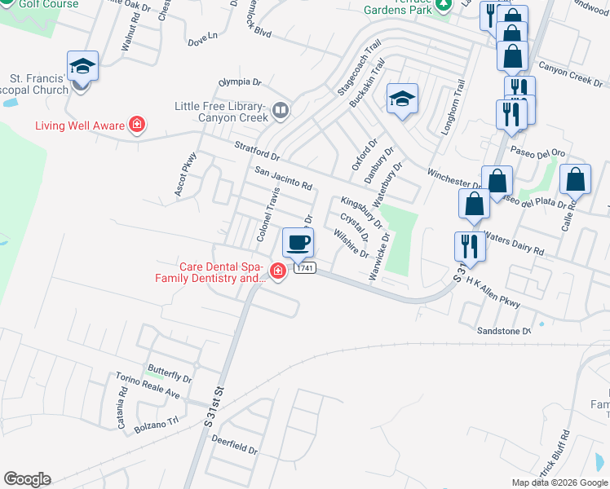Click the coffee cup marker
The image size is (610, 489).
pos(298,242)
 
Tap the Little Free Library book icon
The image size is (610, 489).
pos(281,109)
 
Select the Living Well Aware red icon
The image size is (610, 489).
pos(138,125)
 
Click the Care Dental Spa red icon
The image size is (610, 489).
pos(277,271)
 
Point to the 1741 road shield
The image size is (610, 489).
pos(305,268)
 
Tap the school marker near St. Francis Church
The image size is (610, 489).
pos(83,66)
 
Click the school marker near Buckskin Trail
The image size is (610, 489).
pos(402,99)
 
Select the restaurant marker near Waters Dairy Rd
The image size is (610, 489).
pos(469,244)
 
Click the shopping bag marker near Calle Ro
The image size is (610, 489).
pos(575,179)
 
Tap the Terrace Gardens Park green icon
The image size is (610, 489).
pos(443,6)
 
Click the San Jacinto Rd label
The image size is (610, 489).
pos(283,178)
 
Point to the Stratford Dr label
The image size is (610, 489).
pos(257,152)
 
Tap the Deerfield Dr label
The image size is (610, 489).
pos(234,449)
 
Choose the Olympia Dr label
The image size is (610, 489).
pos(239,82)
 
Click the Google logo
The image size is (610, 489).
pos(27,479)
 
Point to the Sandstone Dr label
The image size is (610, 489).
pos(504,330)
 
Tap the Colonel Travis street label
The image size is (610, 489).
pos(268,214)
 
